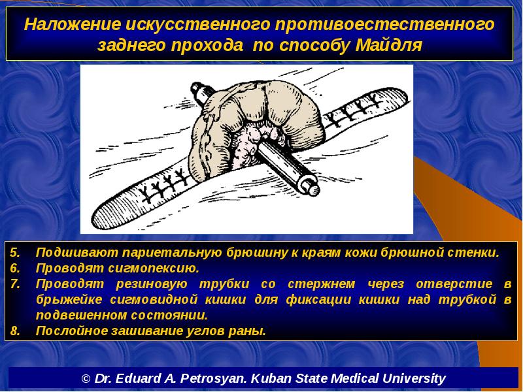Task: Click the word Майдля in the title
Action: (388, 45)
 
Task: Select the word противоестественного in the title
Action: (384, 24)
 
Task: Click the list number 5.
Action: (14, 253)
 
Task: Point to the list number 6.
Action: (14, 269)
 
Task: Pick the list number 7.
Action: (14, 284)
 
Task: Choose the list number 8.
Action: (14, 331)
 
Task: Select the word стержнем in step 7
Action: (322, 284)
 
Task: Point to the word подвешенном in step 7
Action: (80, 316)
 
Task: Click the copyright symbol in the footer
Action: (86, 379)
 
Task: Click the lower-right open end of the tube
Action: (309, 185)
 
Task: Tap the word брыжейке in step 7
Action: (69, 300)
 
